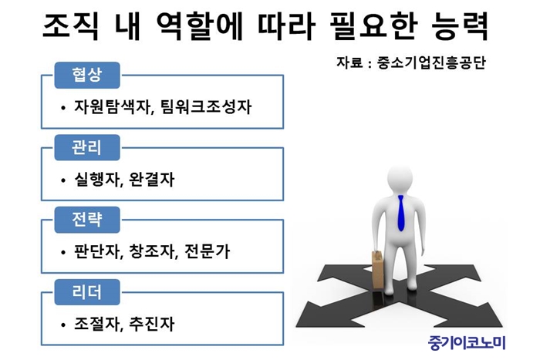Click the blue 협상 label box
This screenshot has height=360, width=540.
point(87,75)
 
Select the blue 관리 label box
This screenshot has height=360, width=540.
point(87,148)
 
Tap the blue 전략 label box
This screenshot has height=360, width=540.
point(87,220)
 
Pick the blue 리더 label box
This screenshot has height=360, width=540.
point(87,292)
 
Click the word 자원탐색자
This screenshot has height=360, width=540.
point(113,106)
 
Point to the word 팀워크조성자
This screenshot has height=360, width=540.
point(206,106)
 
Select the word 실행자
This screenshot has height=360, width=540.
point(96,180)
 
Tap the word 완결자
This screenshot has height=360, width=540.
point(152,180)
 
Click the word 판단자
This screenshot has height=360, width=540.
point(96,251)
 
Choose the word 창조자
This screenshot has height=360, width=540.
point(152,251)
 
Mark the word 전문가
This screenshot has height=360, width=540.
point(207,251)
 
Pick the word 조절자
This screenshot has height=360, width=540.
point(96,324)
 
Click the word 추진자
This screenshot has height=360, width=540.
point(152,324)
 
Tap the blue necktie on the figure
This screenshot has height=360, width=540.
point(400,214)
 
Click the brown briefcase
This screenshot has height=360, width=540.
point(378,272)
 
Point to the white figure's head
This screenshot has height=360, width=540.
point(400,178)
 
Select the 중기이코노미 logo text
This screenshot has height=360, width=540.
point(467,342)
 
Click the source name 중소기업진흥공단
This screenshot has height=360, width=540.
point(431,62)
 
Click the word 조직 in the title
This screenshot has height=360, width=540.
point(71,26)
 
